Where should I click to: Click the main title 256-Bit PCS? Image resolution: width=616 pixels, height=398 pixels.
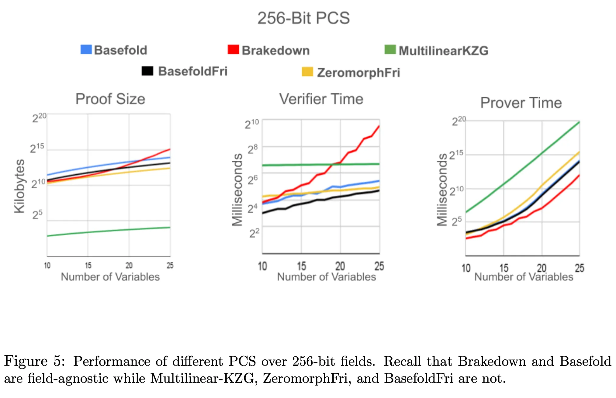[303, 18]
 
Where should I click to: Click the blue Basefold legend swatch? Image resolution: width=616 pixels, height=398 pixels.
[86, 50]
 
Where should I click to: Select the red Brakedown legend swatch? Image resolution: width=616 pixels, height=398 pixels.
[233, 50]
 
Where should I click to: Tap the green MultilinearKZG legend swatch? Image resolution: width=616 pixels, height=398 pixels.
[390, 50]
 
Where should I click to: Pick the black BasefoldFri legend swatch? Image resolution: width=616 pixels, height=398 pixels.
[147, 71]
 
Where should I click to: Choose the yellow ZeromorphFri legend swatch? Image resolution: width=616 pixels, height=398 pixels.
[307, 72]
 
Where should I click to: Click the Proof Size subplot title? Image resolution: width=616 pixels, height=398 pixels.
[110, 99]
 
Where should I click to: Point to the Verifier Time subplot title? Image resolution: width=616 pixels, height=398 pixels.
[321, 99]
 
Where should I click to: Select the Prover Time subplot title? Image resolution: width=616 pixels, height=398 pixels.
[521, 103]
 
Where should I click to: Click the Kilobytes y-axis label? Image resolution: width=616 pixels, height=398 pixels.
[19, 186]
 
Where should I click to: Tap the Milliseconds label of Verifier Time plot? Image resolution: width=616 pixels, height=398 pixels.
[237, 190]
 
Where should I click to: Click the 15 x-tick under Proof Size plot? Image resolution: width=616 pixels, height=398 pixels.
[88, 266]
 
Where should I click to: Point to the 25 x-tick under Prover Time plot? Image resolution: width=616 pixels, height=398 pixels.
[579, 268]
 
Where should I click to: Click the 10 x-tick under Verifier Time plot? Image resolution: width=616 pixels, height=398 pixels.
[262, 266]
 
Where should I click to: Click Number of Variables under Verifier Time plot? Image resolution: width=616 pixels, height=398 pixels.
[326, 277]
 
